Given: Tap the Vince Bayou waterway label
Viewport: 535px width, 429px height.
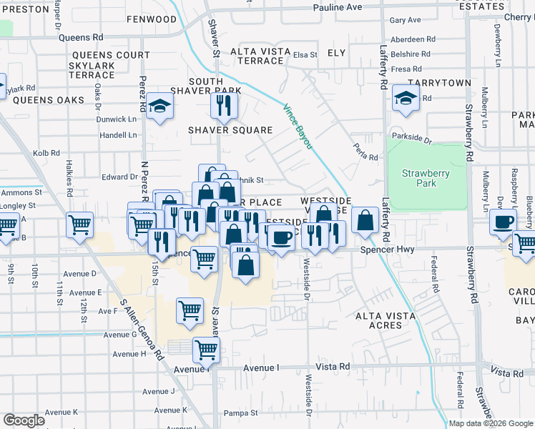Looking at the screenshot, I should click(298, 127).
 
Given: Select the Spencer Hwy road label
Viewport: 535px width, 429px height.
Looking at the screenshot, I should click(387, 250).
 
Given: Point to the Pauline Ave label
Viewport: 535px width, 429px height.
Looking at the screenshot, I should click(338, 7).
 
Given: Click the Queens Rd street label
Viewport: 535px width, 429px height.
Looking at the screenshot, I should click(82, 37).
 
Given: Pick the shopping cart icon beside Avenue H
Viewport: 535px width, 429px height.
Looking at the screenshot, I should click(206, 350).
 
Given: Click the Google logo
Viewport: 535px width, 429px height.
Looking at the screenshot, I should click(24, 420).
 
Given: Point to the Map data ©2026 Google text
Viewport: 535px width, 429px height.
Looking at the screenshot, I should click(490, 423).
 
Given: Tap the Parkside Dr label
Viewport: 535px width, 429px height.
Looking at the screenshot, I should click(411, 139).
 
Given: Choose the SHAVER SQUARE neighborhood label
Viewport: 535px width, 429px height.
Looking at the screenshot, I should click(230, 130).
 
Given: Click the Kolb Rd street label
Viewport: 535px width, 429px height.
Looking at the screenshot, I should click(46, 153).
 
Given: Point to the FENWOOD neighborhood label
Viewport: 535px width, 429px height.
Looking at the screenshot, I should click(152, 19).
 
